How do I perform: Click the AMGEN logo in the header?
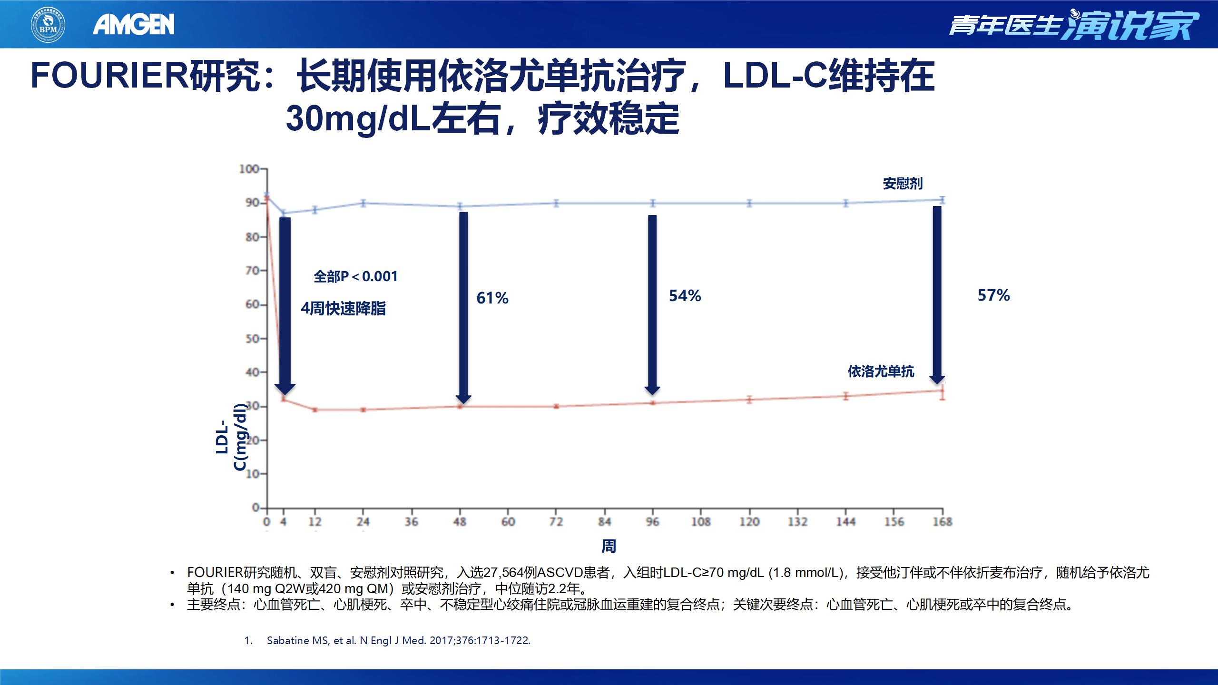134,24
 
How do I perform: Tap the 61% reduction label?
492,298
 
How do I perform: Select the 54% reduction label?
685,296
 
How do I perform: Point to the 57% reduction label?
993,295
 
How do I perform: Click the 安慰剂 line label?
903,184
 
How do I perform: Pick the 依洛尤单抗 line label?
881,372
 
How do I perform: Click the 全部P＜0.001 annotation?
355,276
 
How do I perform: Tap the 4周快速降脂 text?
343,308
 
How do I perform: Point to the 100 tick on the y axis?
249,169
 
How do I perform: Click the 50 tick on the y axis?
252,339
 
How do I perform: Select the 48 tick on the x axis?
460,522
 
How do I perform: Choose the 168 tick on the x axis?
942,522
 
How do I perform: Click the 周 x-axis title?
609,546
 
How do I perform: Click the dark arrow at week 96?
652,304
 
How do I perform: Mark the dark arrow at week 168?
937,295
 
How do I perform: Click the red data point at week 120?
749,400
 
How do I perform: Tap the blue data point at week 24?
363,203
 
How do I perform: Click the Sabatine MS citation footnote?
398,640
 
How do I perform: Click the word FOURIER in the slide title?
110,76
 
